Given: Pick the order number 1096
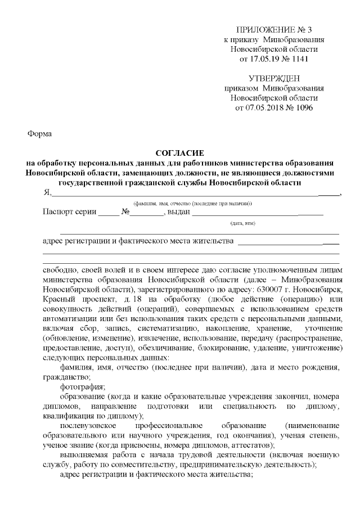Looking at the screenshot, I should coord(303,107).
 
